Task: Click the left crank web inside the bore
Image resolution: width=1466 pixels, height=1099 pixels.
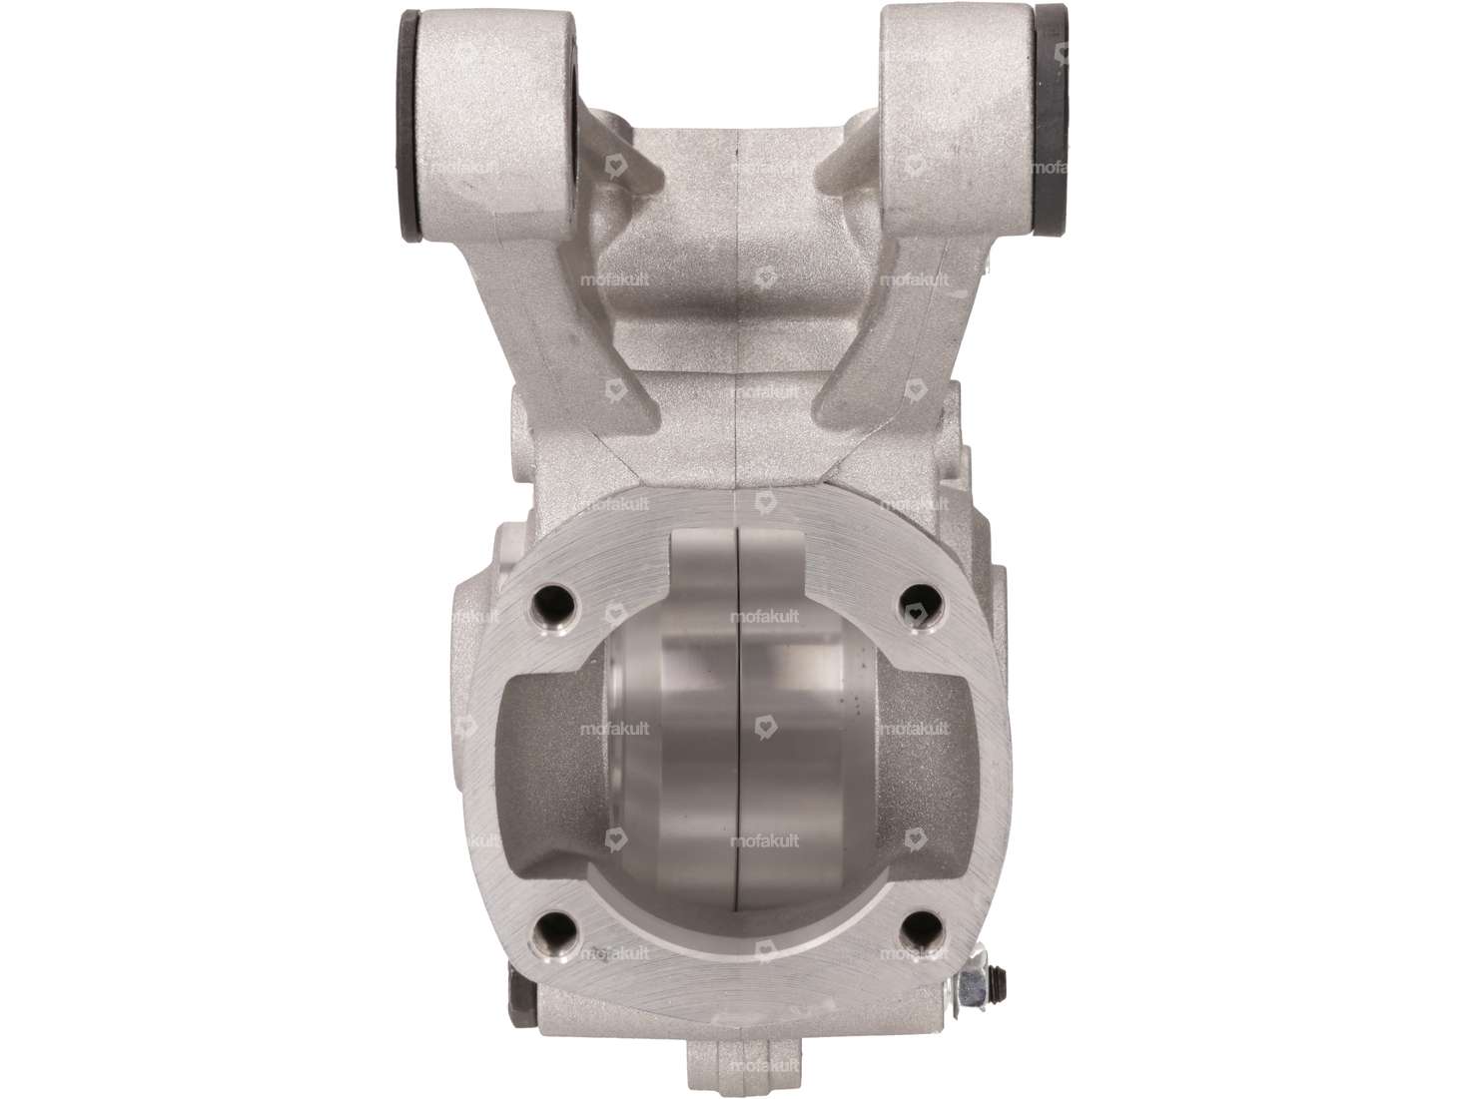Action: [679, 739]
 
